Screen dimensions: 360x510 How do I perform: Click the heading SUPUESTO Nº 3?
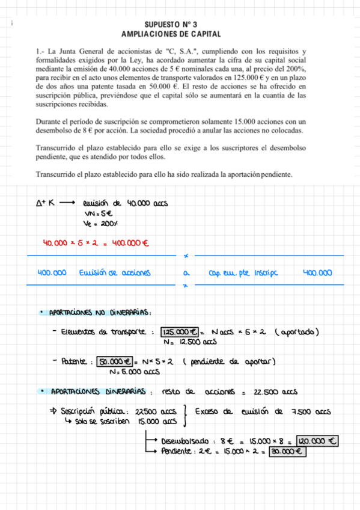point(180,25)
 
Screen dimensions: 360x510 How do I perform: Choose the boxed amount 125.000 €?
point(181,332)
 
